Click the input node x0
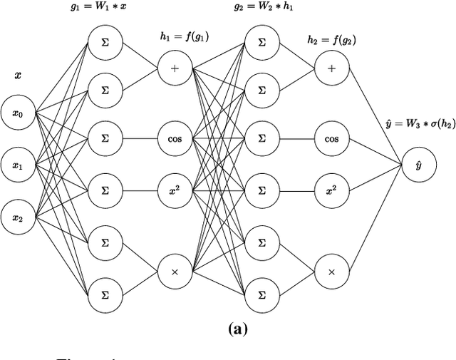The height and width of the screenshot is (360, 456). [x=18, y=113]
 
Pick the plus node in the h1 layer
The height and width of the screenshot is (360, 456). [x=175, y=69]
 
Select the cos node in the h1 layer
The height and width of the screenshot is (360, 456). [x=175, y=138]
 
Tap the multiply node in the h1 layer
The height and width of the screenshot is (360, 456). [x=175, y=272]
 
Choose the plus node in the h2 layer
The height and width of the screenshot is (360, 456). [x=331, y=69]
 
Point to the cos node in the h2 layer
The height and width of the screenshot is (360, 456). [x=331, y=138]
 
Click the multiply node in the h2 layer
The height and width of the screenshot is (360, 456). [x=331, y=272]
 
